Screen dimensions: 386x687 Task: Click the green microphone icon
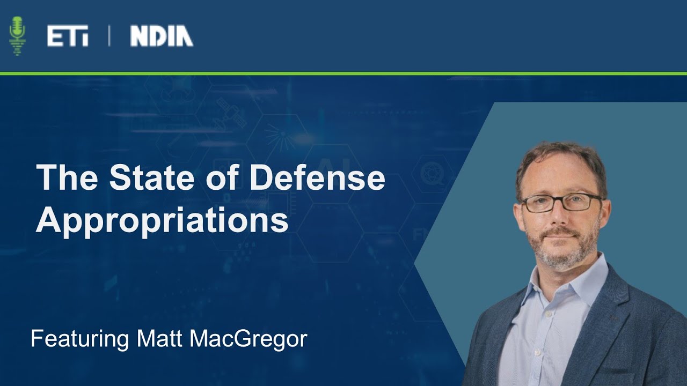coord(18,35)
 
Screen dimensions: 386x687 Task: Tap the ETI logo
coord(68,36)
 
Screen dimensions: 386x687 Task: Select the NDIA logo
coord(162,36)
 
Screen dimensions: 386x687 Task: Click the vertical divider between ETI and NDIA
coord(109,36)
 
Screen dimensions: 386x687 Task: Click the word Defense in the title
coord(317,178)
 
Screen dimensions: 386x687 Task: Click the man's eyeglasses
coord(561,202)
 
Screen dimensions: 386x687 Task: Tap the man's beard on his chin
coord(561,257)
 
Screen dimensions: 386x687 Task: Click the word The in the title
coord(67,178)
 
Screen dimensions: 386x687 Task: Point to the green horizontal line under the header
coord(343,73)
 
